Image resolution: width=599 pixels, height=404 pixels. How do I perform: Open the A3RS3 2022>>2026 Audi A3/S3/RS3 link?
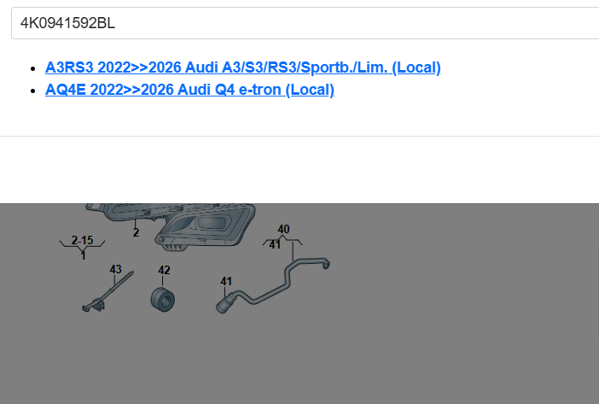point(242,67)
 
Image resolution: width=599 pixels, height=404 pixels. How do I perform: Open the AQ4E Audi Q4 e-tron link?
point(189,90)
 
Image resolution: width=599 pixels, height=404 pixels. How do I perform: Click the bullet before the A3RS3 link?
point(33,67)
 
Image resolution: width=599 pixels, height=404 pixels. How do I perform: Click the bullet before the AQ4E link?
point(33,90)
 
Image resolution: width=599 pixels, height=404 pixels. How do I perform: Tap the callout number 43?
point(116,269)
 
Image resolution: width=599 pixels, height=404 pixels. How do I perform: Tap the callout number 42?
point(164,270)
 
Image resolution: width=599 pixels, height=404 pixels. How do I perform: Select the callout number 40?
point(283,229)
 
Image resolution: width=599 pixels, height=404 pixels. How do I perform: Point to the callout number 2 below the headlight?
point(136,232)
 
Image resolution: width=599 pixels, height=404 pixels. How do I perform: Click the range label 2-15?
point(82,240)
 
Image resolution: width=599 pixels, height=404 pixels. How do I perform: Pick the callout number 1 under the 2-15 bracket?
point(83,255)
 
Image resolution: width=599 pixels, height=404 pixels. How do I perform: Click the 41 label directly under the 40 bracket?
point(275,245)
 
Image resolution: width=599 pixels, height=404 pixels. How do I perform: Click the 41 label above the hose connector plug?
point(226,280)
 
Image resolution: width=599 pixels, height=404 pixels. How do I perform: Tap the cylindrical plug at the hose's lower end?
point(224,302)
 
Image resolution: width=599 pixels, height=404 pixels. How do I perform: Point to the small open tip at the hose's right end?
point(326,266)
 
